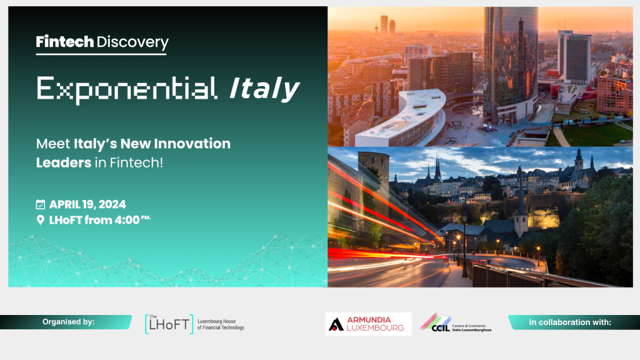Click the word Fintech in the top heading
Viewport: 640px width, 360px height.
click(x=65, y=42)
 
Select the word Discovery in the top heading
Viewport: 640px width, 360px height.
click(x=132, y=42)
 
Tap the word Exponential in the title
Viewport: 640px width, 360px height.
click(x=127, y=89)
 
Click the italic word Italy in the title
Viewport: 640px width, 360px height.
click(x=264, y=89)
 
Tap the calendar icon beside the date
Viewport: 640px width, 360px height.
click(x=41, y=204)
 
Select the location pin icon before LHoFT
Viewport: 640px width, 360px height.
click(x=41, y=220)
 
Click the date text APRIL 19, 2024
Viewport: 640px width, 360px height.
click(x=87, y=204)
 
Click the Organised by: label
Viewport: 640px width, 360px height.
click(x=68, y=322)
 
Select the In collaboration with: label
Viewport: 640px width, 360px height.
click(x=569, y=322)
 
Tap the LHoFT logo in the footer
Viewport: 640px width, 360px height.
click(x=169, y=324)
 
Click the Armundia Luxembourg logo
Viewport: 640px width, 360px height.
click(x=368, y=324)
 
